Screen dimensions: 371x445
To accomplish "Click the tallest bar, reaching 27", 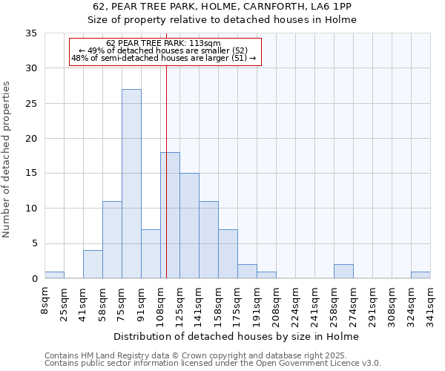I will click(x=131, y=184).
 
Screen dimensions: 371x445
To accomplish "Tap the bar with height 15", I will click(x=189, y=226).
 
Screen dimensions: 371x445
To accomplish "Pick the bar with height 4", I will click(x=93, y=264).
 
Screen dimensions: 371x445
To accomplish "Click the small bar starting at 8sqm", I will click(x=54, y=275).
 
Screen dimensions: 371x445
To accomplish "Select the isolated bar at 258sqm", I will click(x=343, y=272).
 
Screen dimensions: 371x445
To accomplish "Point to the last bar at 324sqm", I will click(x=421, y=275).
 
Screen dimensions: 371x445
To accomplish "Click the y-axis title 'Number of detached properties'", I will click(x=7, y=160).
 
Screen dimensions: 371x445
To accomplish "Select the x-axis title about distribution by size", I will click(x=237, y=336).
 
